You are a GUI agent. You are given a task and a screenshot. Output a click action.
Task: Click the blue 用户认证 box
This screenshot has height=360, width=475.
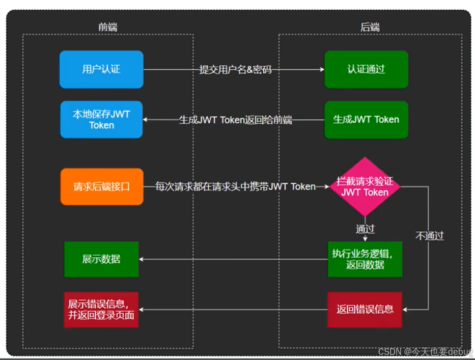click(101, 69)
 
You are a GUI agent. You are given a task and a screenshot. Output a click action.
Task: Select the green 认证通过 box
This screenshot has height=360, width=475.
click(366, 69)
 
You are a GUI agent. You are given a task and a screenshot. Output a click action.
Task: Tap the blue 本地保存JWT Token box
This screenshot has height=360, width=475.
click(101, 120)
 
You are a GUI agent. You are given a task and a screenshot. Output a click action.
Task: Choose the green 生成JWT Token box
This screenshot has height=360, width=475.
click(366, 120)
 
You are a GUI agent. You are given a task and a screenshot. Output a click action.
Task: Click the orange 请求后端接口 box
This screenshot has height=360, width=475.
click(101, 187)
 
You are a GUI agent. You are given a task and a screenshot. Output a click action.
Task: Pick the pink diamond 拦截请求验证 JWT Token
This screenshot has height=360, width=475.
click(365, 187)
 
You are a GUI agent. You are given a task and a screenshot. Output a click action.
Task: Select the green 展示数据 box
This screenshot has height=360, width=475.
click(101, 259)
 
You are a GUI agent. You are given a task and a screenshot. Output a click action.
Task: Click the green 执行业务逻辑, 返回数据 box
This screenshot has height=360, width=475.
click(365, 259)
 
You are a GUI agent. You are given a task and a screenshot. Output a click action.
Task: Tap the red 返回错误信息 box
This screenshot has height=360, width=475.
click(365, 310)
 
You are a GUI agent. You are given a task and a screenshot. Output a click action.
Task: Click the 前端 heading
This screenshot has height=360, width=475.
click(108, 27)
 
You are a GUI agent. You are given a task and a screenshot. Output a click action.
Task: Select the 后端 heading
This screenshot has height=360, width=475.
click(370, 27)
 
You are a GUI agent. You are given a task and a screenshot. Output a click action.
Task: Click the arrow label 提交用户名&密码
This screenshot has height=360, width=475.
click(235, 70)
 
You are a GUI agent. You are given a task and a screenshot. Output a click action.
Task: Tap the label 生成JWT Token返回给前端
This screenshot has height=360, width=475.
click(235, 120)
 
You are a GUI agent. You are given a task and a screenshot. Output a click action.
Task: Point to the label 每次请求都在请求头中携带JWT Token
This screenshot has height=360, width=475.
click(235, 187)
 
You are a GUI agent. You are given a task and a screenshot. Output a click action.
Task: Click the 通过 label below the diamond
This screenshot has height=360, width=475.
click(365, 229)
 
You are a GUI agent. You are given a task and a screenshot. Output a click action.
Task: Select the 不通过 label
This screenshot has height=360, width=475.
click(430, 236)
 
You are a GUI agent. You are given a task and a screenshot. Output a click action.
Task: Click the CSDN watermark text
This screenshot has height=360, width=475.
click(425, 352)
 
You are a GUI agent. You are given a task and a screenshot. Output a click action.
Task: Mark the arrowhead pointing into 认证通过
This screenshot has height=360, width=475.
click(321, 70)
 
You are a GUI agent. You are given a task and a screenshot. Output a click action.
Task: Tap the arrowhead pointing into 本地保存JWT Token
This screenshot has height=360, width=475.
click(147, 120)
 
